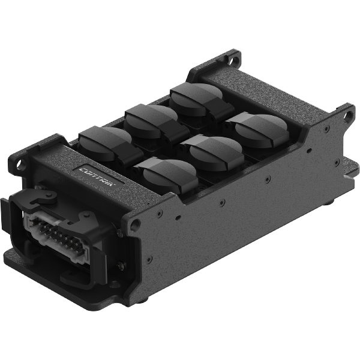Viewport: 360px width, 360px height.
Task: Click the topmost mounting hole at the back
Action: (232, 59)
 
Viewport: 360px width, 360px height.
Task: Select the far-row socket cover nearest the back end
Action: (195, 96)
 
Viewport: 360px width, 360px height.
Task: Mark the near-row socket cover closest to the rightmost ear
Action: (260, 127)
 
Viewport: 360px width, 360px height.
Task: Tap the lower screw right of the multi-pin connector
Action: (119, 265)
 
